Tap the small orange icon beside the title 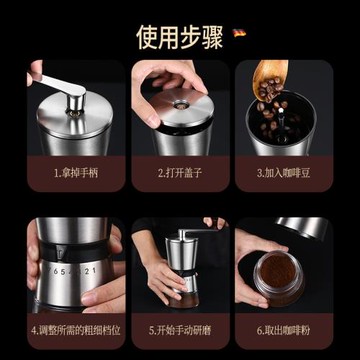click(x=239, y=32)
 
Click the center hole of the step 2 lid click(x=181, y=103)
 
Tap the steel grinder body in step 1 click(x=75, y=135)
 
